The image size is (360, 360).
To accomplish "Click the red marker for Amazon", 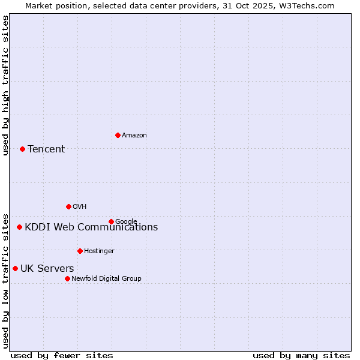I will tap(118, 135).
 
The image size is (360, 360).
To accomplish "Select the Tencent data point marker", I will tap(22, 149).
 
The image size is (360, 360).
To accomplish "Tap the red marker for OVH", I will tap(68, 206).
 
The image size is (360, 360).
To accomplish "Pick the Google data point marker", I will tap(111, 221).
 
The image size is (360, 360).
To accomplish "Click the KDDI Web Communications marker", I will tap(19, 227).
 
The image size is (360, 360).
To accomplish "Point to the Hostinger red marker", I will tap(80, 251).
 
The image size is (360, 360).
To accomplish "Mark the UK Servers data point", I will tap(15, 268).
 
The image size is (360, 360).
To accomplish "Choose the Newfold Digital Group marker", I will tap(67, 278).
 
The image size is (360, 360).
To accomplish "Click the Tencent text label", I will tap(46, 149).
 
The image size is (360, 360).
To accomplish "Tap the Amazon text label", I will tap(134, 135).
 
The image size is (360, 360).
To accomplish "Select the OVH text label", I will tap(80, 206).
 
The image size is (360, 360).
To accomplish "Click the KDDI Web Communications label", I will tap(91, 227).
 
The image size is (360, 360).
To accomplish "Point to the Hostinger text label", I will tap(99, 251).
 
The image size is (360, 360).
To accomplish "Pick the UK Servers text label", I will tap(47, 268).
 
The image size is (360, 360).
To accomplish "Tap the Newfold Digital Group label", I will tap(106, 278).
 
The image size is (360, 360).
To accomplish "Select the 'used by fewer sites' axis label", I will tap(62, 355).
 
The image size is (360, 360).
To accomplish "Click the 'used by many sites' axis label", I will tap(301, 355).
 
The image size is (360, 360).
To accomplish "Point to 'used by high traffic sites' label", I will tap(5, 85).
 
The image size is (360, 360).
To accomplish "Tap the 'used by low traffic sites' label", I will tap(5, 280).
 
